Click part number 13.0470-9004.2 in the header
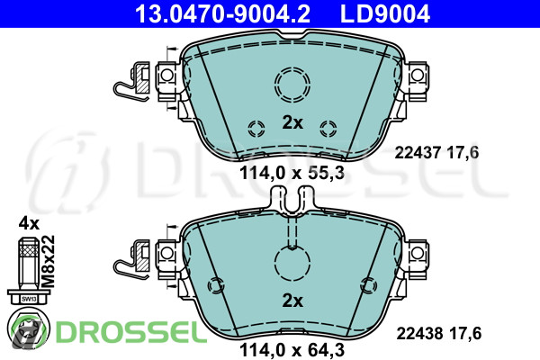point(222,13)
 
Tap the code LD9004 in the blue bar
point(385,13)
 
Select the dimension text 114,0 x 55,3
point(292,173)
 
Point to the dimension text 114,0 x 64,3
point(292,350)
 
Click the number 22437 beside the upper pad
point(418,152)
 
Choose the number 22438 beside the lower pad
point(419,333)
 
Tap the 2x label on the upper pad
point(292,122)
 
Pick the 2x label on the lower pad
point(292,301)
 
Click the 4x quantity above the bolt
point(29,223)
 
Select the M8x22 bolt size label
point(49,262)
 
